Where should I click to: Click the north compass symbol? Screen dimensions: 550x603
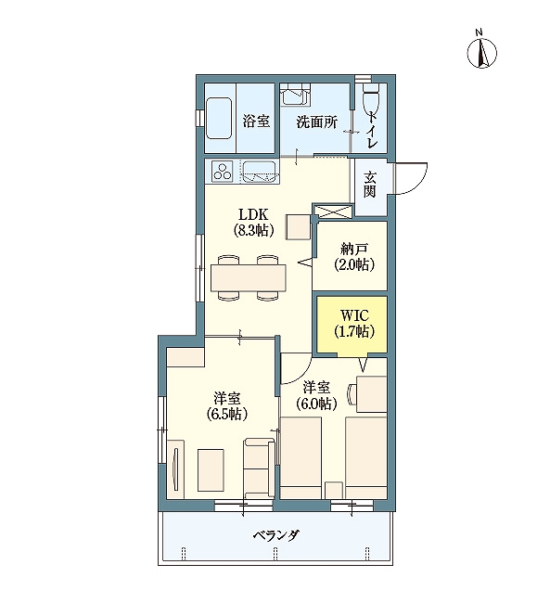coord(481,52)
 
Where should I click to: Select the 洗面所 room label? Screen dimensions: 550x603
coord(316,122)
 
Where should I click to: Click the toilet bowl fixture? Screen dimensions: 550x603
coord(372,97)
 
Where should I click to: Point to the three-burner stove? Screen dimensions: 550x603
coord(223,172)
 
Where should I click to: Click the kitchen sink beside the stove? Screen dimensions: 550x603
coord(259,172)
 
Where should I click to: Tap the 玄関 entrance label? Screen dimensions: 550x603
coord(370,185)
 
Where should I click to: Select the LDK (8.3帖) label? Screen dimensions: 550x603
coord(253,222)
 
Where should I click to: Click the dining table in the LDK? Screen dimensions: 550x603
coord(249,278)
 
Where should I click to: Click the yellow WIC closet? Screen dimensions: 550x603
coord(352,324)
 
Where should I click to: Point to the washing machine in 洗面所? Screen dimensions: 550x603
coord(296,95)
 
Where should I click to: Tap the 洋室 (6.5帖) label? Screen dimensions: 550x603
coord(227,406)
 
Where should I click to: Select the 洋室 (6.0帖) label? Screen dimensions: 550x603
coord(316,395)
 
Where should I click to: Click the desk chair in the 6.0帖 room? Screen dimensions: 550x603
coord(352,394)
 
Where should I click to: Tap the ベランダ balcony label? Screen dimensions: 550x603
coord(276,535)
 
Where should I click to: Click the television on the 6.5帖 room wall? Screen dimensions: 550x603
coord(176,468)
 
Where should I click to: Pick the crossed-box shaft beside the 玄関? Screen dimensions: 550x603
coord(333,212)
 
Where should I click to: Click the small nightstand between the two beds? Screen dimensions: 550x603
coord(334,490)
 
